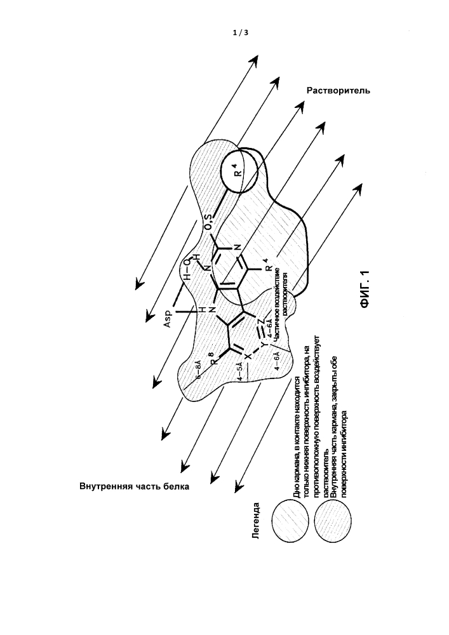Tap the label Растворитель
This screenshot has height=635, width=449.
point(338,90)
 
